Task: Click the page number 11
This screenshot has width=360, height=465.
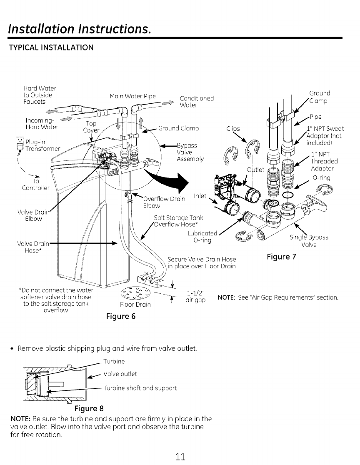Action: coord(180,456)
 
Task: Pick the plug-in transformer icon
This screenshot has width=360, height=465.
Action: coord(19,145)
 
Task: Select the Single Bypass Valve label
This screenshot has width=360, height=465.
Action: coord(309,241)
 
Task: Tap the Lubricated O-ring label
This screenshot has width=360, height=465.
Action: coord(202,237)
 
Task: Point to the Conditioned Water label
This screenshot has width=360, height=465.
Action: coord(197,102)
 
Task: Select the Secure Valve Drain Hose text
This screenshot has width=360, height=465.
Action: coord(201,262)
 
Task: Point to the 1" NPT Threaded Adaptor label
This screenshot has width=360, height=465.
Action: coord(324,161)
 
